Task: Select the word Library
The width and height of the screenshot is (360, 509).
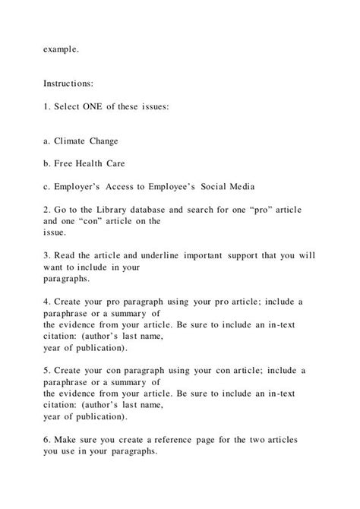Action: click(122, 207)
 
